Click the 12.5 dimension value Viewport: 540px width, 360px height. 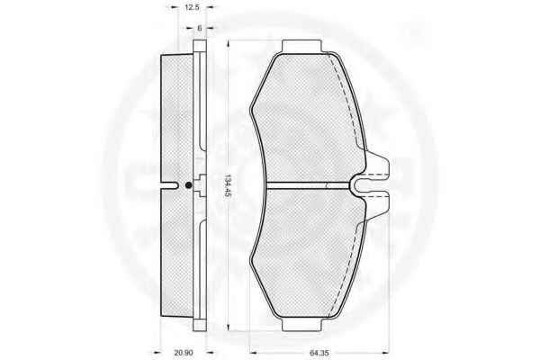pyautogui.click(x=192, y=7)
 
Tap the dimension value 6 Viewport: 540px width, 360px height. pyautogui.click(x=200, y=28)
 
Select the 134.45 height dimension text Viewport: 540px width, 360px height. pyautogui.click(x=227, y=185)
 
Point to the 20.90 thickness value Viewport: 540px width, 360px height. pyautogui.click(x=184, y=353)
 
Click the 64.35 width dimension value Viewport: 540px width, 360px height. pyautogui.click(x=319, y=353)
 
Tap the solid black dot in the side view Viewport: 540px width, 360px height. pyautogui.click(x=188, y=185)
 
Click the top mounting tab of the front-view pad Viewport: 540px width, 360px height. pyautogui.click(x=301, y=46)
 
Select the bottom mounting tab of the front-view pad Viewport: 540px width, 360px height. pyautogui.click(x=301, y=325)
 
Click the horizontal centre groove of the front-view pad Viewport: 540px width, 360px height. pyautogui.click(x=308, y=185)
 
